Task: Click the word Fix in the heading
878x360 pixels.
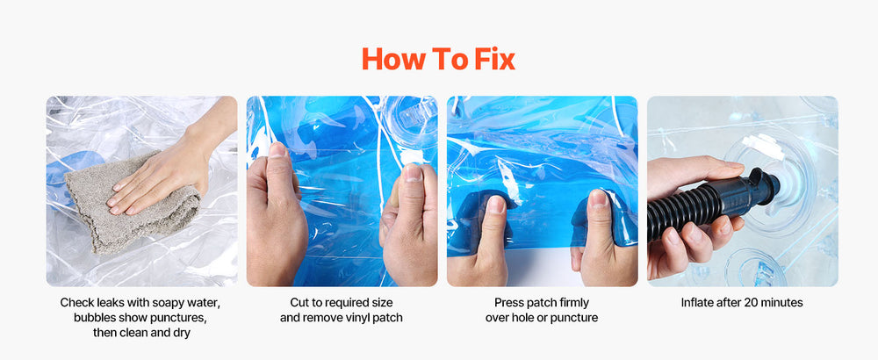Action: pos(494,59)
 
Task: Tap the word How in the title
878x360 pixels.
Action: pos(392,59)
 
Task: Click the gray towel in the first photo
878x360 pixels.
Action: pos(132,202)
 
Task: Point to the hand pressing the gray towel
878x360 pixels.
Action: pos(168,162)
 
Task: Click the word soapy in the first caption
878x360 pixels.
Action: pos(165,303)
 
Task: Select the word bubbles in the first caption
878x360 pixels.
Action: pos(93,318)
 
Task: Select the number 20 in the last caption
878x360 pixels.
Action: pos(750,303)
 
